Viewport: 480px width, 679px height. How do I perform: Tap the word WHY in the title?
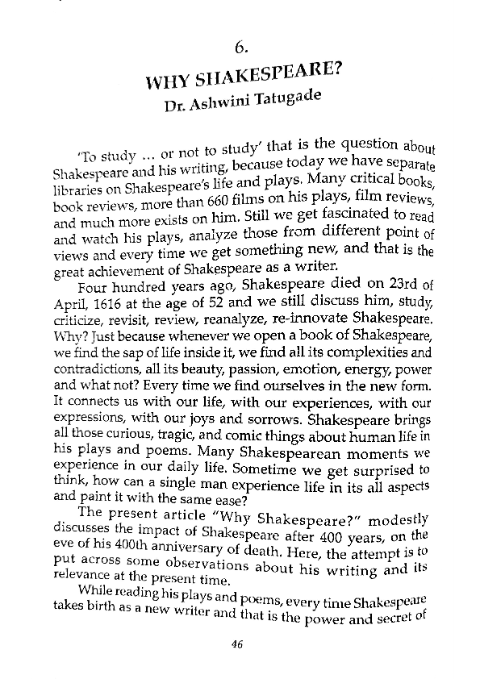click(167, 82)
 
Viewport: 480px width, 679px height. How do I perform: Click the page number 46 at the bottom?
click(236, 643)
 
